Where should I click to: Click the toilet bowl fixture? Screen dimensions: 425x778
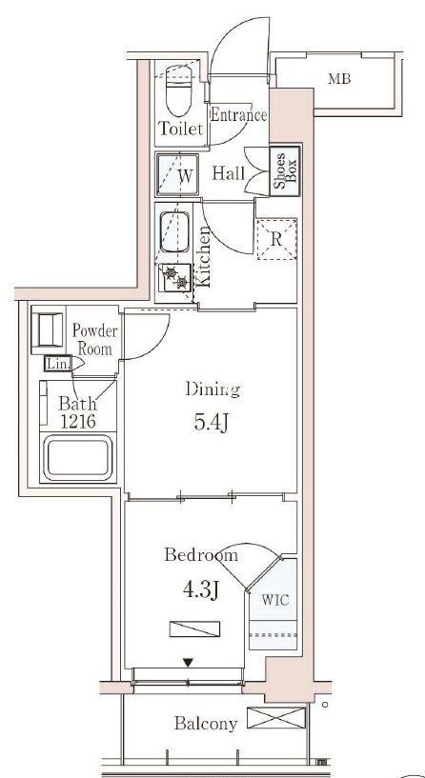pos(179,90)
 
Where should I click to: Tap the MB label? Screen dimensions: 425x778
pos(339,78)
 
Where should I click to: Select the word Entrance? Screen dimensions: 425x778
pos(239,115)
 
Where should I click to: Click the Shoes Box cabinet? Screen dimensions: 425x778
pos(286,170)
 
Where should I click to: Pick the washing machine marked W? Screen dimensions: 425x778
pos(178,174)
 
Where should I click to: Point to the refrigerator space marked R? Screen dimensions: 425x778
pos(276,239)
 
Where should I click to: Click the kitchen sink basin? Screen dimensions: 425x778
pos(174,231)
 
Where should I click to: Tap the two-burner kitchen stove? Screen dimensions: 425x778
pos(175,278)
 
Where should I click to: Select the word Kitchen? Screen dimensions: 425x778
pos(204,256)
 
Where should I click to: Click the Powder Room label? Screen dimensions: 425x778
pos(95,339)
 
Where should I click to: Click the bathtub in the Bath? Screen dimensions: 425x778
pos(77,457)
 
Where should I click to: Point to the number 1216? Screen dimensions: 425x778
pos(78,422)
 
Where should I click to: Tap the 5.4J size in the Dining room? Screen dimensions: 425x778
pos(211,422)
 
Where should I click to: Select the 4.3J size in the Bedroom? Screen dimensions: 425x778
pos(201,590)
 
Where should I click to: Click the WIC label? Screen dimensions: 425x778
pos(275,600)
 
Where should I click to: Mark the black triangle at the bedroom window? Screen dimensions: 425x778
pos(188,663)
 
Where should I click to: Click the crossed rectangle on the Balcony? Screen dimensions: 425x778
pos(276,717)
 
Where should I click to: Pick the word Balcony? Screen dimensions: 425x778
pos(206,724)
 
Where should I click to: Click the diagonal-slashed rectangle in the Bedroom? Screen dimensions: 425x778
pos(194,628)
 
